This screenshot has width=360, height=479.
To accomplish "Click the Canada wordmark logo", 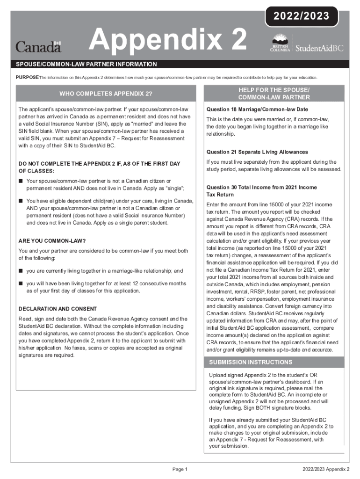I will (38, 47).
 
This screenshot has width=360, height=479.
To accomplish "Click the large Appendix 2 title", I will (168, 40).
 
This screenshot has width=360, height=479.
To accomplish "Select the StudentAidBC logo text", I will (320, 48).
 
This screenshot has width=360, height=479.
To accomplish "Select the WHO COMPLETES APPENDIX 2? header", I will (106, 93).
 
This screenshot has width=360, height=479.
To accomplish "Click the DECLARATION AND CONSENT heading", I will (58, 309).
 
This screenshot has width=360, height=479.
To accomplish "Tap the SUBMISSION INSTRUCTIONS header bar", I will (251, 362).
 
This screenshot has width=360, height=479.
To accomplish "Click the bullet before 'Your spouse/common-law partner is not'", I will (21, 181).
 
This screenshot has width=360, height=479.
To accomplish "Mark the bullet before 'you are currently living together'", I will (21, 271).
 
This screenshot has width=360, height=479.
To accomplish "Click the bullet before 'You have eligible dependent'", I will (21, 201).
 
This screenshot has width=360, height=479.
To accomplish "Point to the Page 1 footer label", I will (180, 469).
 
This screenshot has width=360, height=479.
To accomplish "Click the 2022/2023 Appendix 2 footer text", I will (326, 469).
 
